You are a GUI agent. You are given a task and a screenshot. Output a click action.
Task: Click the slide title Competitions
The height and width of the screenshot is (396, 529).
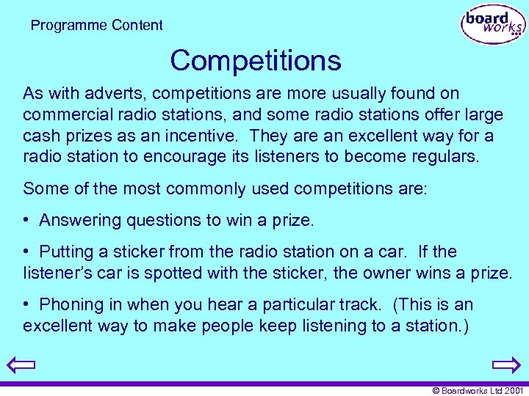[x=256, y=60]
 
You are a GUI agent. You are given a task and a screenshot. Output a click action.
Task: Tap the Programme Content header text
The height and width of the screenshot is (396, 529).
[x=97, y=26]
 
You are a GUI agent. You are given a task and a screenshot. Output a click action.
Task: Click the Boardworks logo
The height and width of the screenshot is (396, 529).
[x=492, y=25]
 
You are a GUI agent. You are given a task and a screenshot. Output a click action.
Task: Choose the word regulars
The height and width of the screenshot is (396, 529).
[x=446, y=158]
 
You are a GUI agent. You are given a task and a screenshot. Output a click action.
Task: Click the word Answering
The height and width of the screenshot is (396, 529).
[x=79, y=220]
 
